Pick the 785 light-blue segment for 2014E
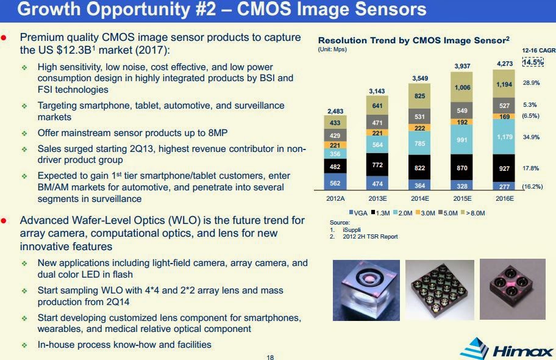[x=419, y=144]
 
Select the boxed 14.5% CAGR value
[x=533, y=62]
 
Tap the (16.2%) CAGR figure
[x=532, y=186]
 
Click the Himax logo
[x=505, y=349]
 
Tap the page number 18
[x=271, y=356]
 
